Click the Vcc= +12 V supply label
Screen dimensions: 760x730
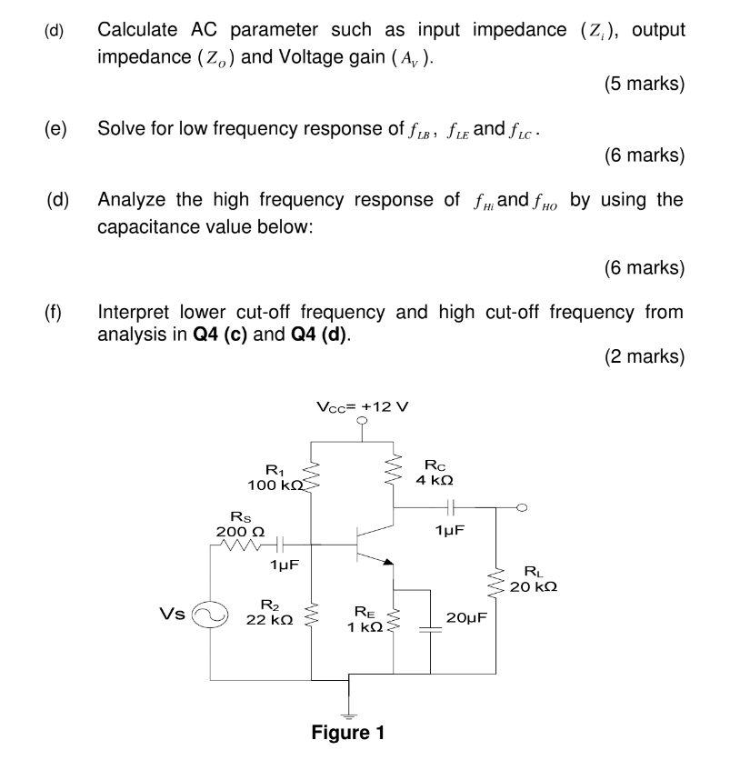(363, 405)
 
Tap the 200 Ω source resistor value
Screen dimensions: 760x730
(235, 532)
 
